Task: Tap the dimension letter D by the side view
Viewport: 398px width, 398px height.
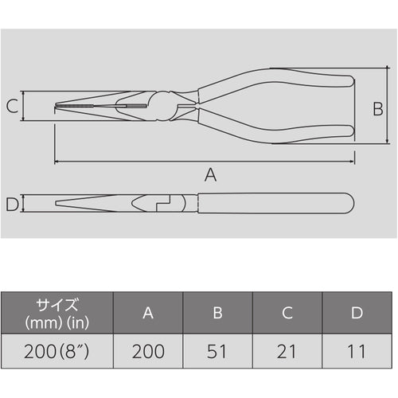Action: [11, 205]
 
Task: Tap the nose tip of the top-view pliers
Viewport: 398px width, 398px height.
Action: [57, 106]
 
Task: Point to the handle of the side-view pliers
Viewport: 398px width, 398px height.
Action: [271, 204]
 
